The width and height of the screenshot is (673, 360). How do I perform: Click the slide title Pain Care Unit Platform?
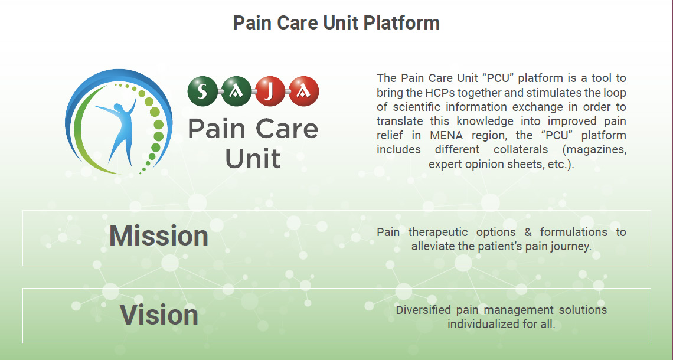[x=336, y=23]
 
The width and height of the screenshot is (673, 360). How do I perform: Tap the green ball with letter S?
[x=202, y=91]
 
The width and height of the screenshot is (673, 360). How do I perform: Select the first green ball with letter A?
[x=236, y=91]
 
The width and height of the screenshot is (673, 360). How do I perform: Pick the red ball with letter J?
[x=269, y=91]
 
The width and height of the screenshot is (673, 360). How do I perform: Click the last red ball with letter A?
[x=303, y=91]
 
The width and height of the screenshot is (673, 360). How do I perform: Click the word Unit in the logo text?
[x=253, y=158]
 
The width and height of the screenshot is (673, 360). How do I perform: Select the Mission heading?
[x=159, y=236]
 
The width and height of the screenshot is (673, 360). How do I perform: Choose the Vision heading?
[x=159, y=315]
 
